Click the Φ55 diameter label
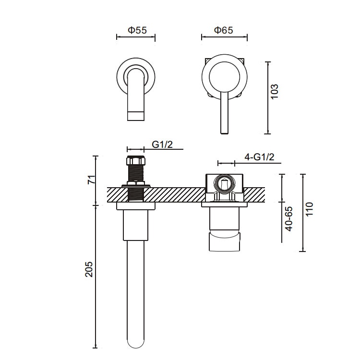click(136, 30)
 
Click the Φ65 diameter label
click(224, 30)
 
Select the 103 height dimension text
click(275, 91)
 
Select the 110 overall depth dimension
click(309, 210)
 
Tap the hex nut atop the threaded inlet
click(135, 161)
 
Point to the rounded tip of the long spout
click(136, 343)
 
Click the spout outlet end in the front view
click(136, 115)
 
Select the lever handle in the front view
click(224, 115)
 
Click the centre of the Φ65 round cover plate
click(224, 77)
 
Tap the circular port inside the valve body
click(224, 183)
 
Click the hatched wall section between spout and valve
click(178, 195)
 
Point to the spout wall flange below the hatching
click(136, 206)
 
